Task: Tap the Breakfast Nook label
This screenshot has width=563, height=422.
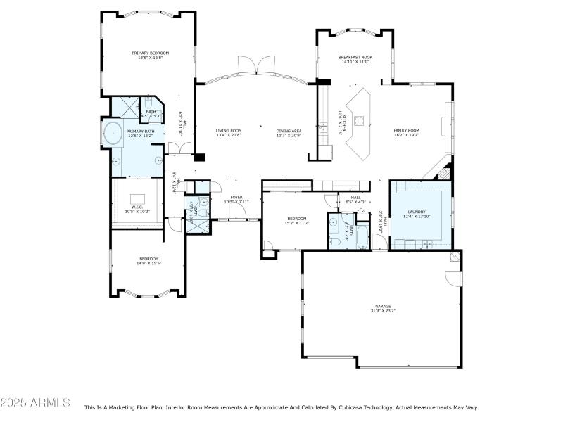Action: (x=355, y=57)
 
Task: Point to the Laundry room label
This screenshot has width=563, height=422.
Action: (x=416, y=212)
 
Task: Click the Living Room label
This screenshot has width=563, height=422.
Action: (x=229, y=130)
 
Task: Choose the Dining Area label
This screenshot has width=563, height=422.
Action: (x=289, y=130)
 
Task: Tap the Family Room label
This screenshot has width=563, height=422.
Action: (x=406, y=130)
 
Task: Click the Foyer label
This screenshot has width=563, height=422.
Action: (x=236, y=197)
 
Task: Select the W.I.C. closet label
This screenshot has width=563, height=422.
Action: (x=137, y=207)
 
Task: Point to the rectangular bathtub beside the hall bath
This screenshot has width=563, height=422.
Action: (x=361, y=237)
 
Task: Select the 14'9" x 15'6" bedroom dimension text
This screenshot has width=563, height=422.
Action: (x=148, y=263)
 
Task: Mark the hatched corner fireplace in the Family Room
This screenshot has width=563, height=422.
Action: (x=443, y=171)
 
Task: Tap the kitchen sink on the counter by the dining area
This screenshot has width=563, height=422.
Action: (x=323, y=128)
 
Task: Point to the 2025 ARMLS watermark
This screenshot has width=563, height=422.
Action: (x=35, y=403)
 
